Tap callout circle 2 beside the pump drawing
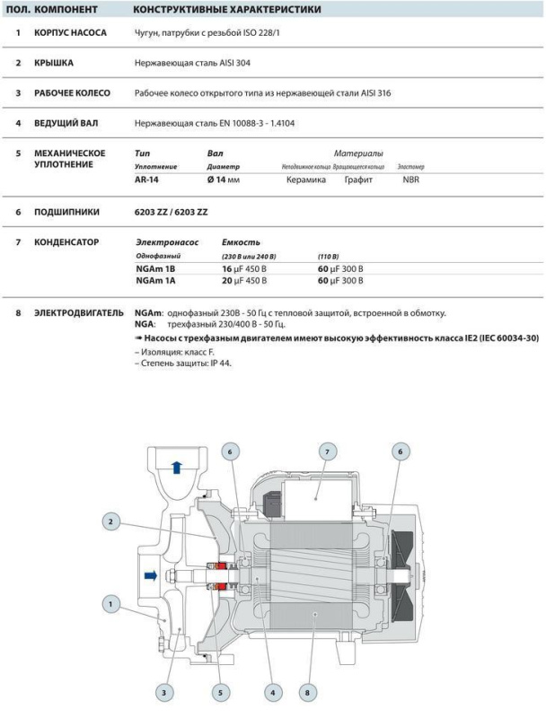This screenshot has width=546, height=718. [x=111, y=521]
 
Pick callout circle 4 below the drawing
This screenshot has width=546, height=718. [x=273, y=692]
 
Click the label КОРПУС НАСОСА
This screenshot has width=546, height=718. [x=71, y=33]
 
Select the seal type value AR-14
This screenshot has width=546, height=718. [x=146, y=179]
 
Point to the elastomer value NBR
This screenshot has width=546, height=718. [x=410, y=179]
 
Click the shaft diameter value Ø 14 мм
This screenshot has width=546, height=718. [x=226, y=179]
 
